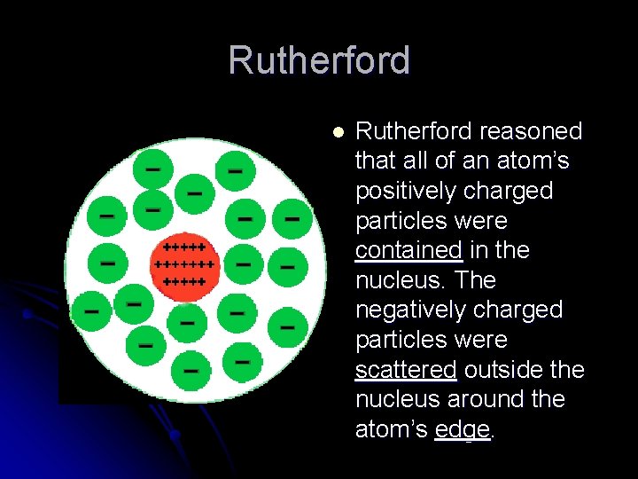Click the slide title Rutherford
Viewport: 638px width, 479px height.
[319, 60]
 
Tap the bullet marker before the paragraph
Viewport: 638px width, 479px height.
[337, 131]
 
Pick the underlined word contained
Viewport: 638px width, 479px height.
[408, 250]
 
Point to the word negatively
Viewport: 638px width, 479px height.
[415, 310]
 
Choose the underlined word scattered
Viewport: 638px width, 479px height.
[406, 369]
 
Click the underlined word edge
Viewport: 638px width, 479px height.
[463, 429]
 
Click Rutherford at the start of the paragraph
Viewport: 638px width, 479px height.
[414, 131]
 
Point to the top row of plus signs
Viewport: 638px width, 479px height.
[184, 247]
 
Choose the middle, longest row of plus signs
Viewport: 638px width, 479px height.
[184, 263]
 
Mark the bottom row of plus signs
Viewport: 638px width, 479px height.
[184, 280]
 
